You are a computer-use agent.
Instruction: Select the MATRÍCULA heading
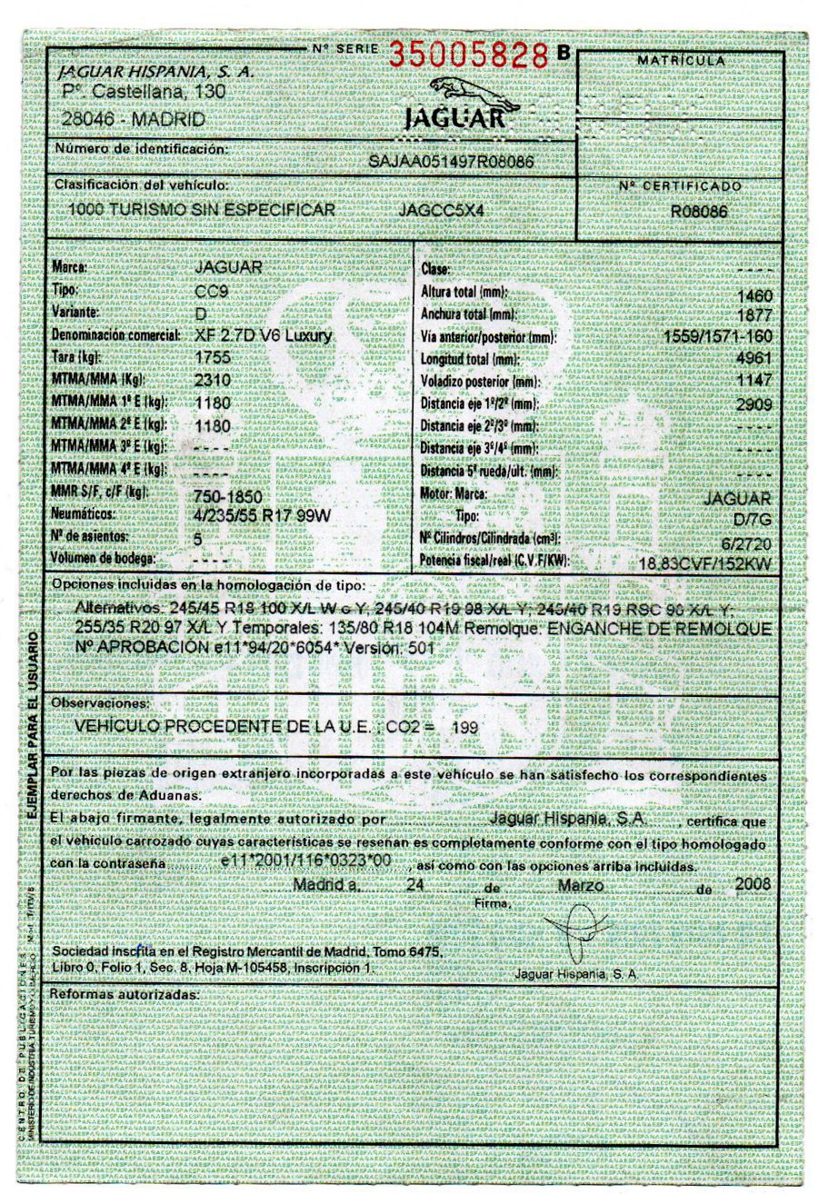[x=682, y=61]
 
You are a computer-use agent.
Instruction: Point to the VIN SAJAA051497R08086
[x=451, y=160]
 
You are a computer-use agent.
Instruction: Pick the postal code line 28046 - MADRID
[x=134, y=119]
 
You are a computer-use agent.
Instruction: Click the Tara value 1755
[x=214, y=357]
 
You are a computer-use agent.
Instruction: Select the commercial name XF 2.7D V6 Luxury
[x=264, y=335]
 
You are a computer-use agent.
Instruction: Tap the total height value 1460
[x=755, y=296]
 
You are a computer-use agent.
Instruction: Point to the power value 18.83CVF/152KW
[x=705, y=563]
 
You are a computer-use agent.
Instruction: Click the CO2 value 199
[x=464, y=728]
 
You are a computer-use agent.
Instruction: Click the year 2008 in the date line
[x=753, y=883]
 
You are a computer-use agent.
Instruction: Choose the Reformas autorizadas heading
[x=124, y=995]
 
